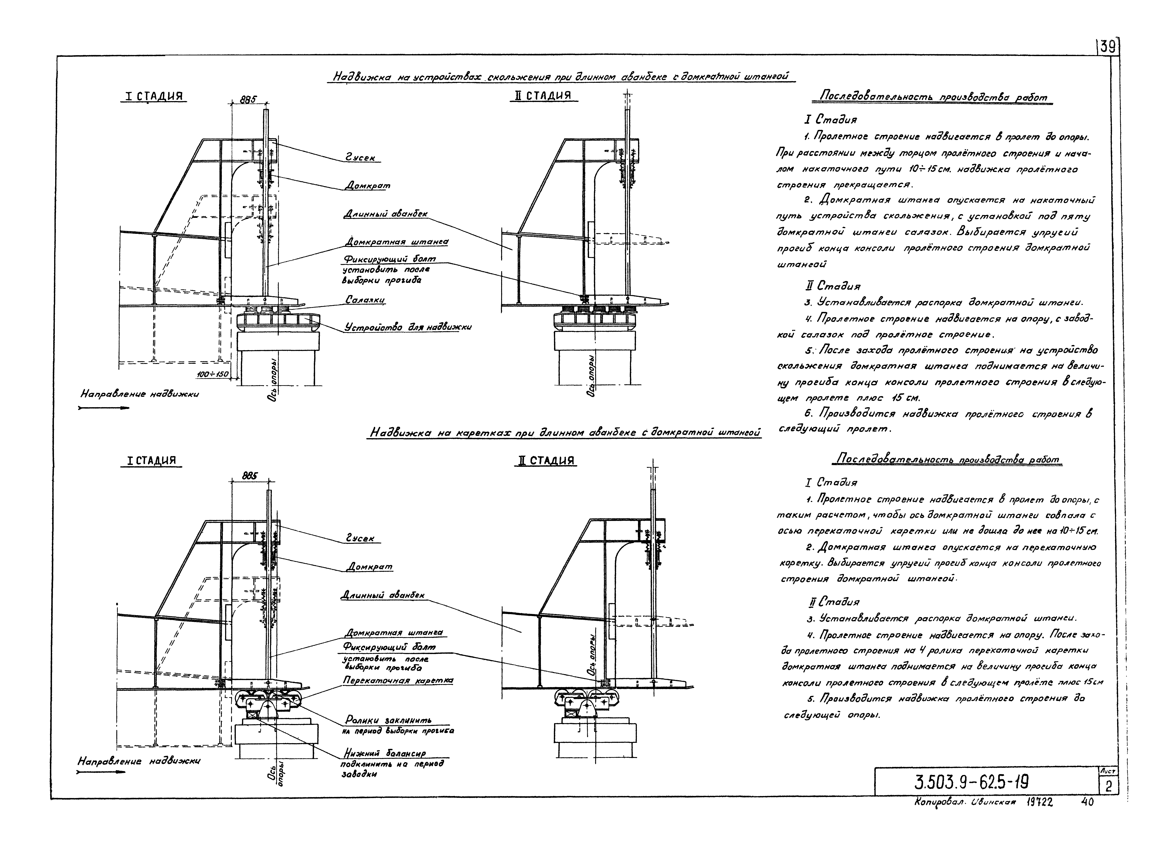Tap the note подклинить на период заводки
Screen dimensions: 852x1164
(x=392, y=768)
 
